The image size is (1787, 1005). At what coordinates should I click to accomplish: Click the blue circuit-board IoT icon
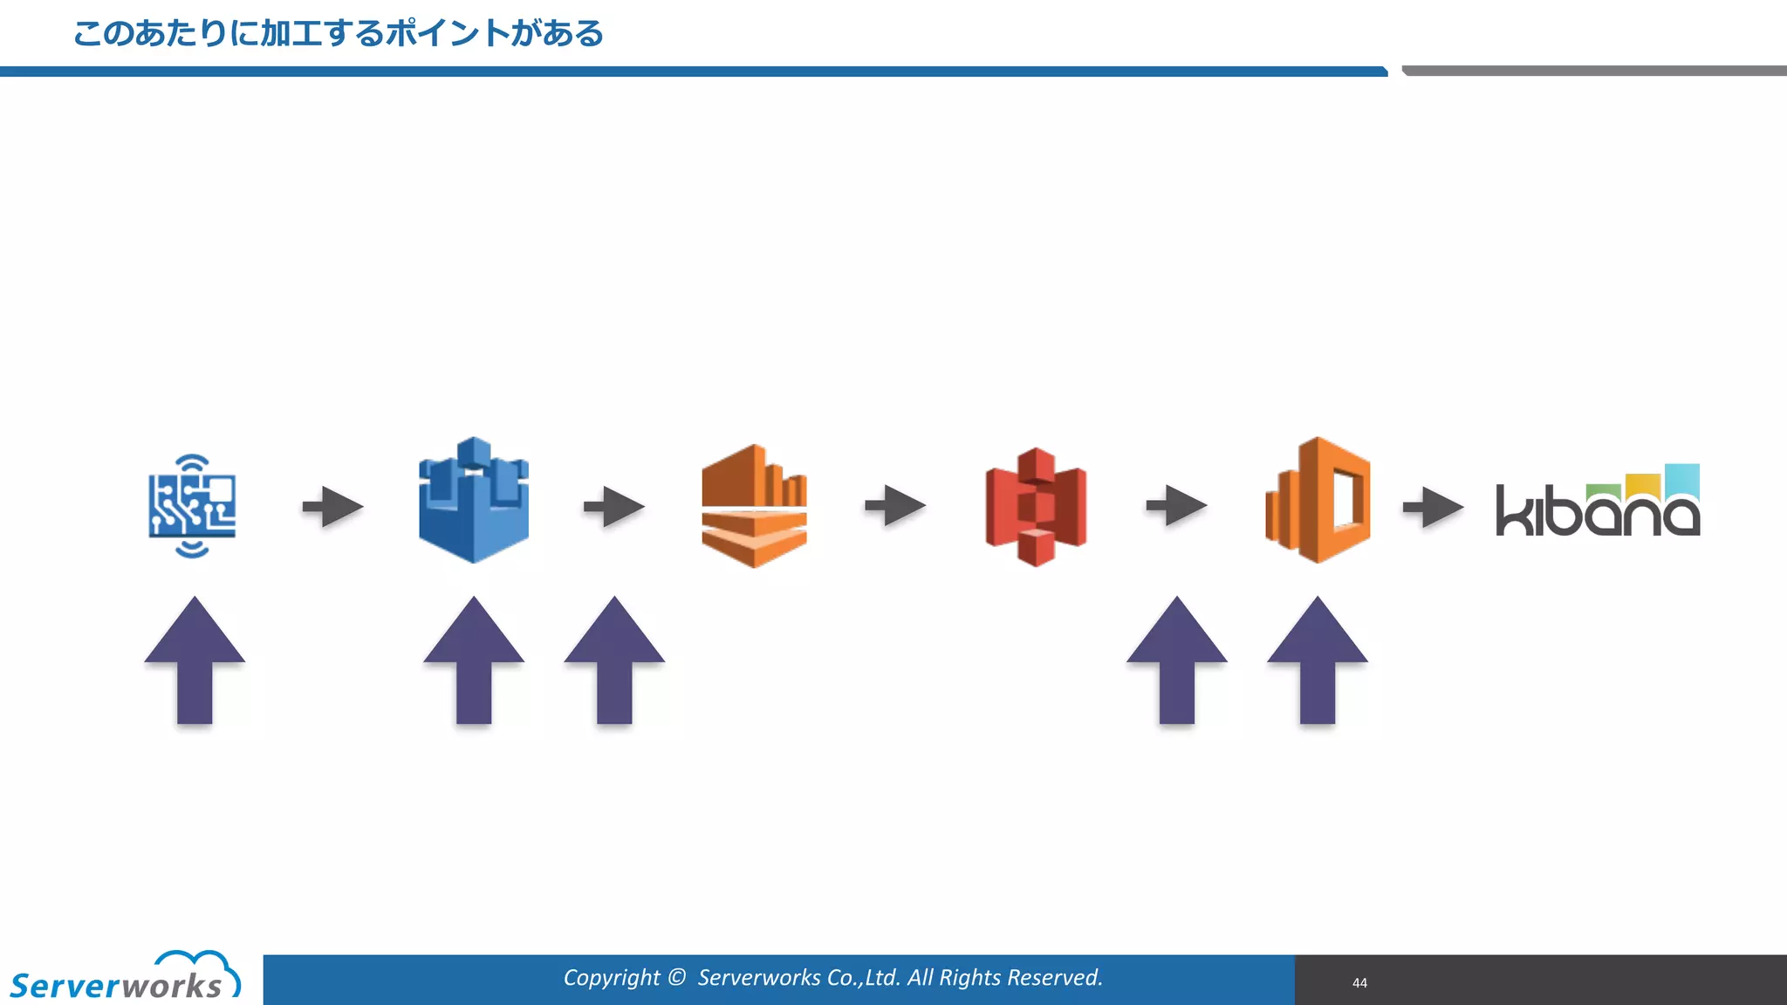(192, 506)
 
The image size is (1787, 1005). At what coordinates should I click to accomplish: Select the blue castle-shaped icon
(474, 501)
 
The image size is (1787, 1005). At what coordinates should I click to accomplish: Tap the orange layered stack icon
(754, 506)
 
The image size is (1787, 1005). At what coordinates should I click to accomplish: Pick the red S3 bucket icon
(1036, 506)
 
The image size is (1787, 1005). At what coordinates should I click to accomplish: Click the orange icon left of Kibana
(1318, 501)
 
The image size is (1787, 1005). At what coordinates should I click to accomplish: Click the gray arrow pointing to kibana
(1433, 507)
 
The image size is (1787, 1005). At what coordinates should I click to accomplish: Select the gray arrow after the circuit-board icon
(332, 507)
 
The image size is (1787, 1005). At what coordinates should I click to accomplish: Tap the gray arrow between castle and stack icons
(613, 507)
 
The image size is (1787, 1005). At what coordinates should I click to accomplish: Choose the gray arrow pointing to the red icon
(895, 506)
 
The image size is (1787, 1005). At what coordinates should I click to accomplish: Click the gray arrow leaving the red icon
(1176, 506)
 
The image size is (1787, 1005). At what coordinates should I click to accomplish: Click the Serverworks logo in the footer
(124, 978)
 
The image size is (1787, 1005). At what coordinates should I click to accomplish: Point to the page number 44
(1359, 983)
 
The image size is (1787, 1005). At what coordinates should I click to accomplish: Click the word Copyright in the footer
(612, 978)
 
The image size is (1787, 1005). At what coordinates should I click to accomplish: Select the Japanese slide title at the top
(339, 34)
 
